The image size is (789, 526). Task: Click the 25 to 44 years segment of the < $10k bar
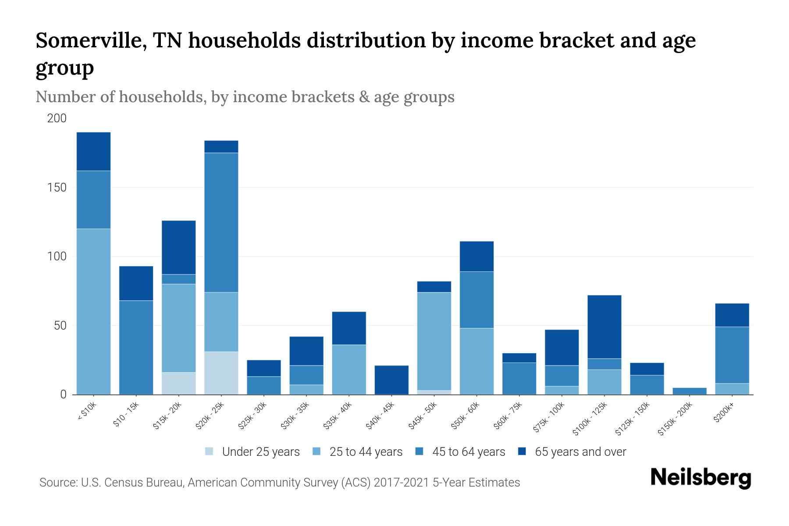click(x=93, y=311)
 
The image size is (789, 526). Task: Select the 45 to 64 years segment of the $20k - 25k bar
click(x=221, y=222)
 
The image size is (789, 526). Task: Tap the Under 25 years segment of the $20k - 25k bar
click(x=221, y=373)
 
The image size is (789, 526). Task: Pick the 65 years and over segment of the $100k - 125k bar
click(x=604, y=327)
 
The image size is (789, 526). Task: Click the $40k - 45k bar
click(x=391, y=380)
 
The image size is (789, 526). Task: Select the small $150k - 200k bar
click(x=689, y=391)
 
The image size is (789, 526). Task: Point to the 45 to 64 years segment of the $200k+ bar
click(x=732, y=355)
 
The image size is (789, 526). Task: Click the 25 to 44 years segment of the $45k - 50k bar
click(x=434, y=341)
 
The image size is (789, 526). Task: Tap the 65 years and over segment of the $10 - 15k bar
click(x=136, y=283)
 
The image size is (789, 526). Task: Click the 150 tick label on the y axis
click(x=57, y=188)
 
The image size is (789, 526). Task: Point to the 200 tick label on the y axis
click(x=57, y=118)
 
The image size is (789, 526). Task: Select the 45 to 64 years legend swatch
click(x=419, y=451)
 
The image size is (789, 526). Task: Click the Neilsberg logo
click(x=700, y=478)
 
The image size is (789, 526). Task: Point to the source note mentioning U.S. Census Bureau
click(x=279, y=483)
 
